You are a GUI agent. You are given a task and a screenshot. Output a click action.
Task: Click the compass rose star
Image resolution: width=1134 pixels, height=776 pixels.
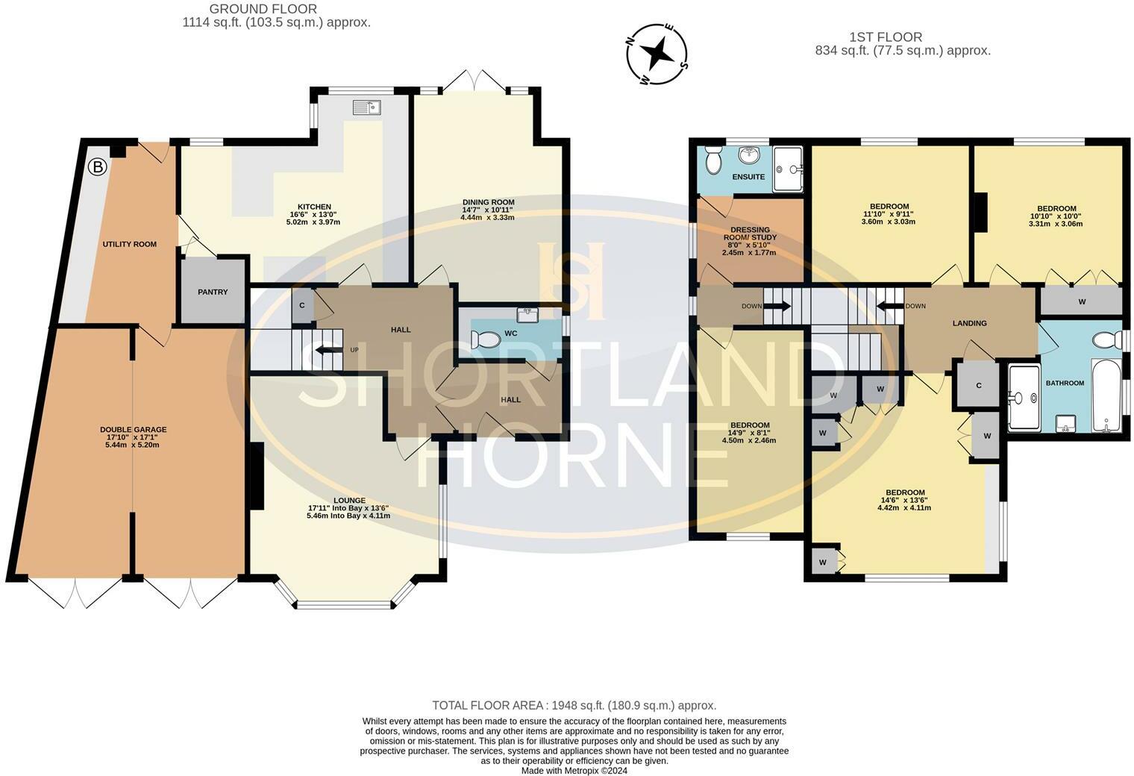[x=657, y=53]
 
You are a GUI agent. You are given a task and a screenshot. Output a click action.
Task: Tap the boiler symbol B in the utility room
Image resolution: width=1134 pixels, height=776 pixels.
[x=98, y=167]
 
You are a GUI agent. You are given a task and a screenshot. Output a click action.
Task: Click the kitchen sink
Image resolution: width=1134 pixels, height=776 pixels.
[x=367, y=107]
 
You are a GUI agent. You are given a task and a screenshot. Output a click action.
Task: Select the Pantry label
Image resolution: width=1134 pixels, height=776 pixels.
[x=213, y=292]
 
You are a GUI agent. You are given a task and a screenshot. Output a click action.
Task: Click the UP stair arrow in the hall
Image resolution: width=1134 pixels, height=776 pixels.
[x=328, y=350]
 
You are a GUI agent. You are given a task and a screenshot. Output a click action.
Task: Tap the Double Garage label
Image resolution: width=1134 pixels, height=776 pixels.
[x=133, y=430]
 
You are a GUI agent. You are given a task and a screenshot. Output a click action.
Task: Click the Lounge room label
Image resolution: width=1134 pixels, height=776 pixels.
[x=349, y=501]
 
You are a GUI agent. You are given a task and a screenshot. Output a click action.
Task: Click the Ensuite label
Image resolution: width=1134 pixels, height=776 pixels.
[x=748, y=177]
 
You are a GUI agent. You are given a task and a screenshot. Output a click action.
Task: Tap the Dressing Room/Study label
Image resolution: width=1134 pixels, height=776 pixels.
[x=751, y=234]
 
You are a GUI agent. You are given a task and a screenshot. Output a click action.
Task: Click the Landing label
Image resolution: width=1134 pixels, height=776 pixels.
[x=969, y=323]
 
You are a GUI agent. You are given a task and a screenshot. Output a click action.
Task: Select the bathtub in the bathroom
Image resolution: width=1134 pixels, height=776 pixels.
[x=1106, y=395]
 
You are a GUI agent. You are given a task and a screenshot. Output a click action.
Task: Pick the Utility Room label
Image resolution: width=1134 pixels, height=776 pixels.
[x=130, y=244]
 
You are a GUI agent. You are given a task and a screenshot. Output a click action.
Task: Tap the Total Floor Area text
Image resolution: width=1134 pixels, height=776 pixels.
[x=574, y=705]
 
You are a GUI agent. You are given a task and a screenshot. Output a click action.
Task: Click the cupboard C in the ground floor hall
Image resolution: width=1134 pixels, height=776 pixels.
[x=302, y=306]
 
